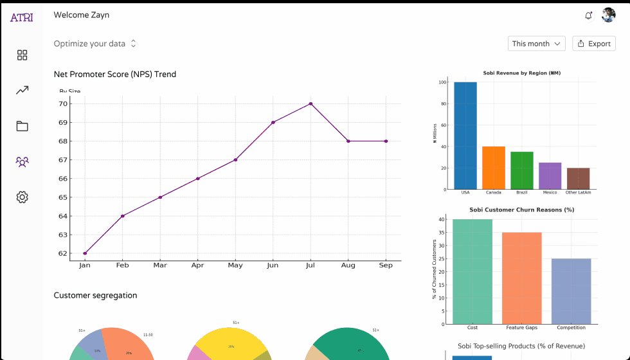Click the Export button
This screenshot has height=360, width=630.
click(x=593, y=44)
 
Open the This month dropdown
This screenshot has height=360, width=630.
click(x=536, y=44)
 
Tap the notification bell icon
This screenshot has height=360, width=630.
click(x=588, y=15)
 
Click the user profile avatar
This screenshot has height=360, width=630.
click(x=608, y=15)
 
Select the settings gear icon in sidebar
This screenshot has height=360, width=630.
click(x=22, y=197)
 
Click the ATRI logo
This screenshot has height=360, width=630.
click(x=21, y=17)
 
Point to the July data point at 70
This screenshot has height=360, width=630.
click(x=310, y=104)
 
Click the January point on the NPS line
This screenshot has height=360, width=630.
click(x=85, y=253)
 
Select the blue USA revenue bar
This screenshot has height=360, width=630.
click(x=465, y=136)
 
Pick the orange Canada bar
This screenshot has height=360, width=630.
click(x=494, y=168)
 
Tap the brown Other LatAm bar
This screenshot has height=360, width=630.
click(x=578, y=179)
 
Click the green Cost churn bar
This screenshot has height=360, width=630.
click(x=473, y=271)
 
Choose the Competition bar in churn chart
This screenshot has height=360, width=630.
click(x=571, y=291)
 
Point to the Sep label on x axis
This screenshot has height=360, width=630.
click(x=386, y=265)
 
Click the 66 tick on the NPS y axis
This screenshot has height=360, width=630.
click(x=63, y=179)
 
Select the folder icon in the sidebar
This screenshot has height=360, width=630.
click(x=22, y=126)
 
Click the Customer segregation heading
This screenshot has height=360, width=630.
click(x=95, y=296)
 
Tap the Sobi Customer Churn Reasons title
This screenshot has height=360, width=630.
click(x=521, y=210)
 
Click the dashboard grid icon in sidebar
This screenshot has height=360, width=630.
click(x=22, y=55)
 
